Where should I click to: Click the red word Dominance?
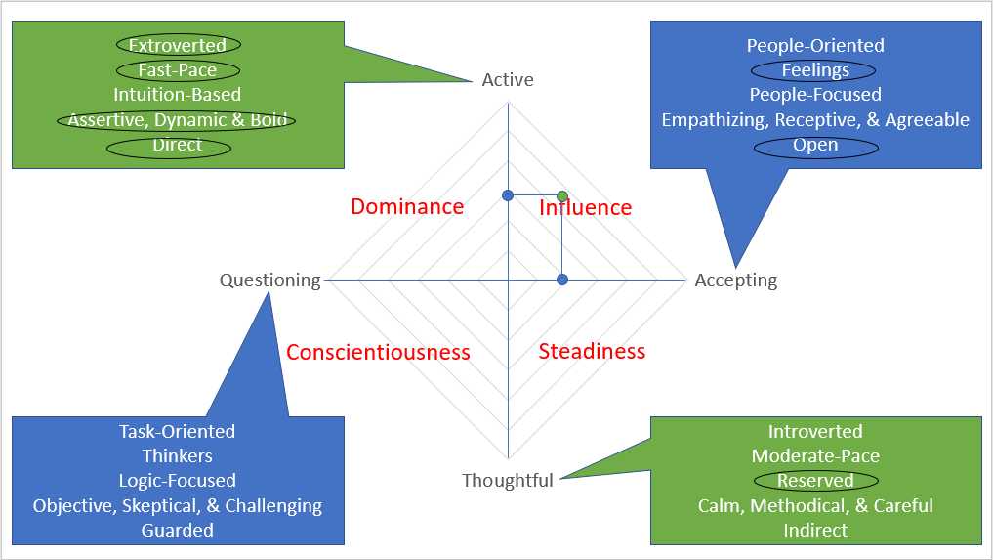407,206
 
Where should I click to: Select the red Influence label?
586,207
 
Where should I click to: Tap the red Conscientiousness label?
378,352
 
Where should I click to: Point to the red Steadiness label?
592,351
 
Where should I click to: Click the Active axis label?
508,79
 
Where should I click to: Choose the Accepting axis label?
736,280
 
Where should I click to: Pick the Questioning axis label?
269,280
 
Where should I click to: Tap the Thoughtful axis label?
507,480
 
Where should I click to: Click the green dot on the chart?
561,196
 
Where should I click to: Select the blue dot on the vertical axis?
507,196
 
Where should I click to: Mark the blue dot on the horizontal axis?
561,280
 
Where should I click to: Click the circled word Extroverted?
177,45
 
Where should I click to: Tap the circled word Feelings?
815,70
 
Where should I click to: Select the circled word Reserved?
815,481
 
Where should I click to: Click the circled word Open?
815,145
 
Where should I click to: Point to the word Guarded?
177,530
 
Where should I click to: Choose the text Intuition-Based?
177,95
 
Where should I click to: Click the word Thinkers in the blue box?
177,455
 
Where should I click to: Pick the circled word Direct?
177,146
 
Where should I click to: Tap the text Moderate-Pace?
815,455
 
